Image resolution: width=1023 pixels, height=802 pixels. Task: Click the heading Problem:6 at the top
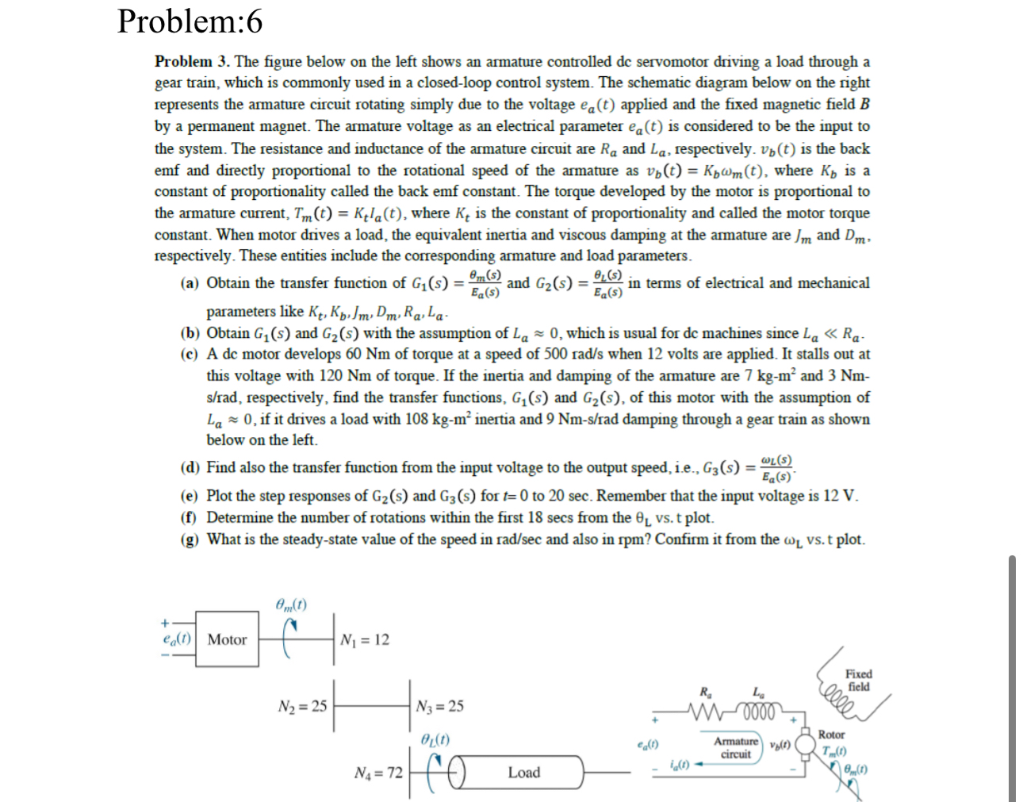190,21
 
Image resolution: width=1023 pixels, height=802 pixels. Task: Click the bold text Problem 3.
191,62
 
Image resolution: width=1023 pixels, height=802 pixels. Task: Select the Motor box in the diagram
227,639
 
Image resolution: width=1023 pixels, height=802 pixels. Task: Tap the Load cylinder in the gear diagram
523,772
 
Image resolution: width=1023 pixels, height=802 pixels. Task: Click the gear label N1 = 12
365,640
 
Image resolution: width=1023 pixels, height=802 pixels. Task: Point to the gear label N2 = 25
302,706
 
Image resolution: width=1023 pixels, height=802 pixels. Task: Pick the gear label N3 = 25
439,706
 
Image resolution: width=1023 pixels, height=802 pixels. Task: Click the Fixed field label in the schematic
859,681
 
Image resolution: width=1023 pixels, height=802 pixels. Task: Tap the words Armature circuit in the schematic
736,747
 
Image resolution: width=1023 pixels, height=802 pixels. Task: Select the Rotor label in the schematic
831,735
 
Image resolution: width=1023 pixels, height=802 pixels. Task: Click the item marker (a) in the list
190,283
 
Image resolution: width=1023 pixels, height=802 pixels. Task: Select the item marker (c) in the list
190,355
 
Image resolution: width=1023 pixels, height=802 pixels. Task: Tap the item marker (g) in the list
190,540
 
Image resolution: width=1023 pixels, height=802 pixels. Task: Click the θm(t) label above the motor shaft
291,604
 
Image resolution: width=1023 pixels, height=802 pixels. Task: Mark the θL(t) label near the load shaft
435,739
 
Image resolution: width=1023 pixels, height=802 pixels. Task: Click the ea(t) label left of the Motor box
176,639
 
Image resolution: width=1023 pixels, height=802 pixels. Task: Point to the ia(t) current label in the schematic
679,765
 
